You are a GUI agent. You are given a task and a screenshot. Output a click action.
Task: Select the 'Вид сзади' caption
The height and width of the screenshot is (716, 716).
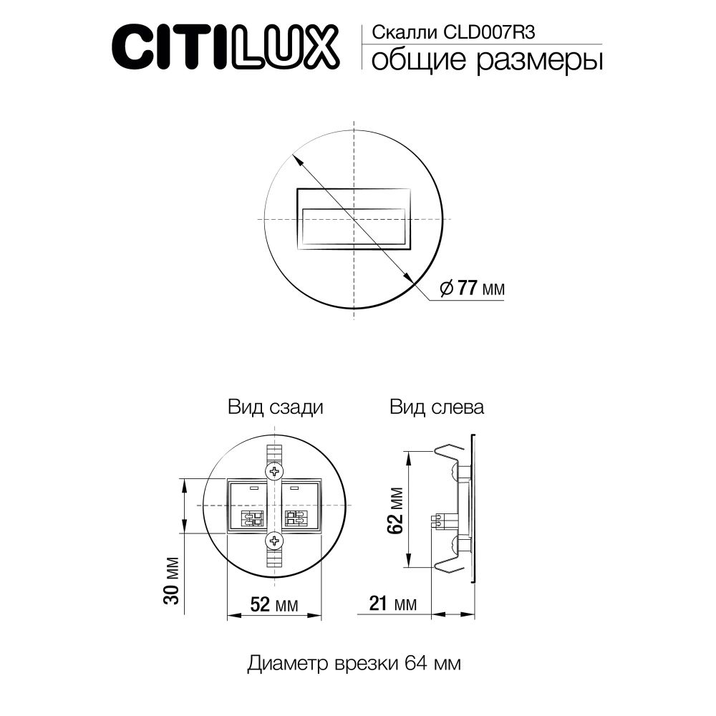tap(276, 408)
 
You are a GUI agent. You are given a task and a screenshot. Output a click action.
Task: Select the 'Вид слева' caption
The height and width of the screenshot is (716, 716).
tap(437, 408)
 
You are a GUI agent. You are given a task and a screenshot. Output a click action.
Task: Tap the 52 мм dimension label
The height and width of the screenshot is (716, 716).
tap(273, 604)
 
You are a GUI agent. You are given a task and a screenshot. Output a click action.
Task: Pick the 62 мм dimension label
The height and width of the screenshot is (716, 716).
tap(393, 509)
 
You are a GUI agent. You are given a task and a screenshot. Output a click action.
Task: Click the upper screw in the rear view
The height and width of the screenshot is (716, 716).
tap(274, 471)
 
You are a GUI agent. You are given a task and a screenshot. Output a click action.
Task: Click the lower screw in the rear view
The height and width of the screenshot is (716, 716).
tap(274, 540)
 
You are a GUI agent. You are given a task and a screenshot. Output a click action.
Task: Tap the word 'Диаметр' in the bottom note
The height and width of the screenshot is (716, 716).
tap(289, 663)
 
